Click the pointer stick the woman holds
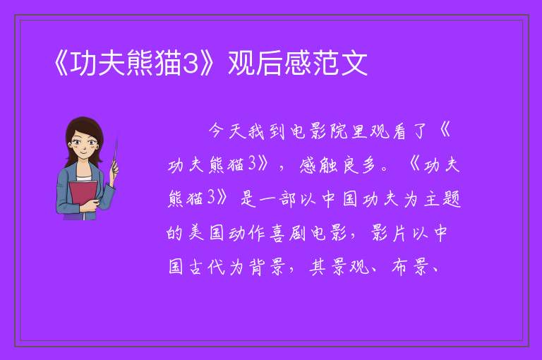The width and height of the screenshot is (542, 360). tap(115, 154)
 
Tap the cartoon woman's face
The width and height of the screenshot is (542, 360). tap(83, 144)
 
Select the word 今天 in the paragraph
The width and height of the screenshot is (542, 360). tap(227, 131)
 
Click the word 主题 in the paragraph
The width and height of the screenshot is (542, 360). tap(443, 199)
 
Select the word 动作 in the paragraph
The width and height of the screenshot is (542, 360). tap(246, 234)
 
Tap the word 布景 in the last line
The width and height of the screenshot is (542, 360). tap(410, 267)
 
